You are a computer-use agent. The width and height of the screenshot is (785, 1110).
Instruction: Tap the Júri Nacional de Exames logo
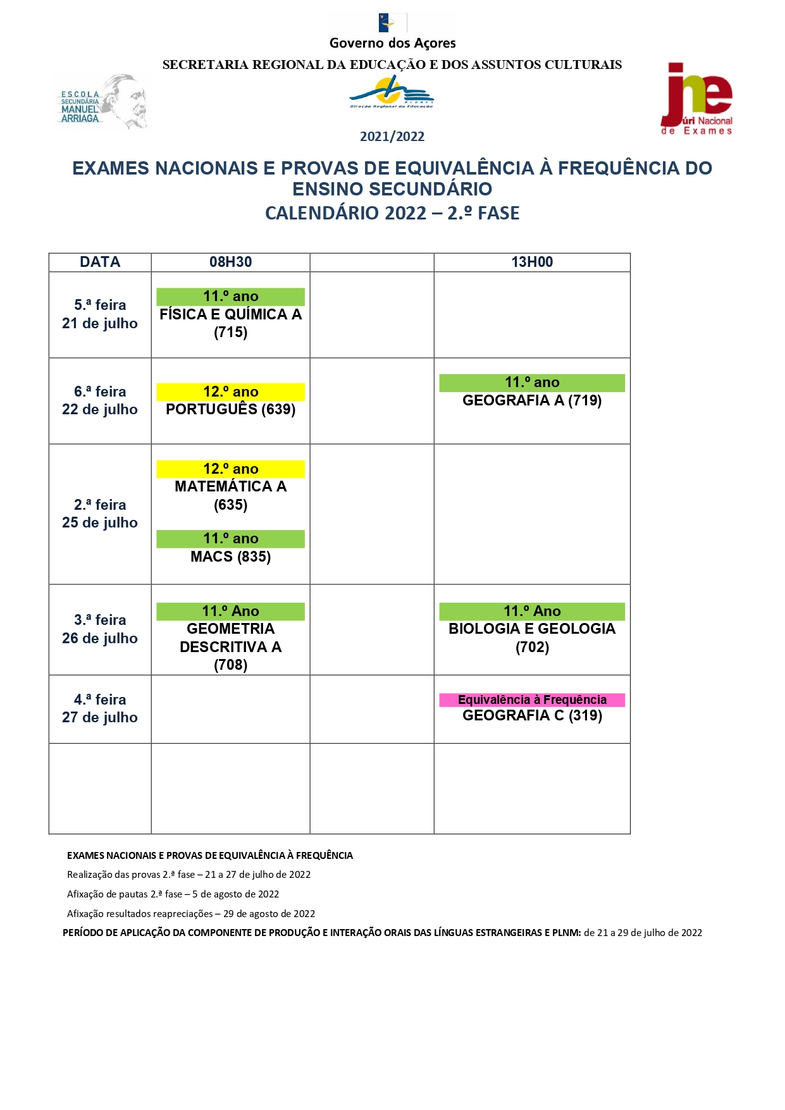tap(696, 99)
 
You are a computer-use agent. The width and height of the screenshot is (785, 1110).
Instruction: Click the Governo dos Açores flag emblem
tap(392, 23)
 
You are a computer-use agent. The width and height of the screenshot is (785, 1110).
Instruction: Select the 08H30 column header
tap(230, 262)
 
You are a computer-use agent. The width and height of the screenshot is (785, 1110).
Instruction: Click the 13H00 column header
tap(532, 262)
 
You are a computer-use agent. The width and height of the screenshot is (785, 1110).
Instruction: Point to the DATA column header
tap(100, 262)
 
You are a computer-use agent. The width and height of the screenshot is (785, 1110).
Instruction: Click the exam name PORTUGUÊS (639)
tap(230, 409)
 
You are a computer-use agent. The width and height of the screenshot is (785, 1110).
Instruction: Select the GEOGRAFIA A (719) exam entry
tap(532, 400)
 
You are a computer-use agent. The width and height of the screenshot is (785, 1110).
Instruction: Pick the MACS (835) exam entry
tap(230, 557)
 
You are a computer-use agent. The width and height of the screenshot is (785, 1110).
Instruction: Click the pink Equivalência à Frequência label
tap(532, 700)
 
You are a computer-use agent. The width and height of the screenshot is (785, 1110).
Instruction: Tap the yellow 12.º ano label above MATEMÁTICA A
tap(230, 469)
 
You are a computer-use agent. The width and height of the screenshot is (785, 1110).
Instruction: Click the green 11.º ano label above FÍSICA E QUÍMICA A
tap(230, 296)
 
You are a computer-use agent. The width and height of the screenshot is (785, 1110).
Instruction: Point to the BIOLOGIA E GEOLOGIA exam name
tap(532, 629)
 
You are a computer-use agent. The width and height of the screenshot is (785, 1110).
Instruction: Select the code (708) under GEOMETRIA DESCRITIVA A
tap(230, 665)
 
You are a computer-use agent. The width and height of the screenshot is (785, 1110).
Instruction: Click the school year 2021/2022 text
tap(392, 137)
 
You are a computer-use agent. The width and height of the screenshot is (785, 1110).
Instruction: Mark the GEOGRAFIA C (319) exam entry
tap(532, 715)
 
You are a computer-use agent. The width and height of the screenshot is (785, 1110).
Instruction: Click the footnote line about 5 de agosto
tap(173, 894)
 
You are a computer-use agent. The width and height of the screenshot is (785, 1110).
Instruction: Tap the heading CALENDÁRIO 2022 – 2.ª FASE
tap(392, 213)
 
